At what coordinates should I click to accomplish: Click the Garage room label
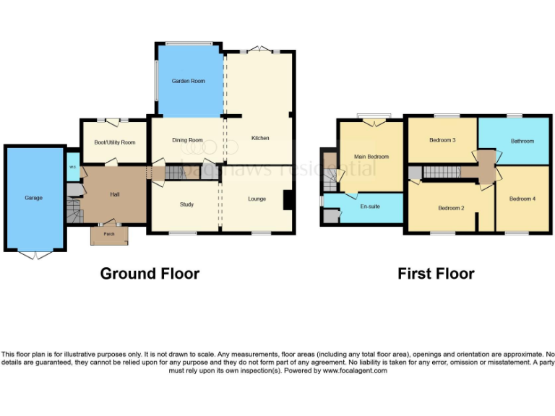[x=33, y=197]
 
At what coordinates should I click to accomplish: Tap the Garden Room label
[x=188, y=81]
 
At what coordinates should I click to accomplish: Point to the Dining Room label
[x=187, y=140]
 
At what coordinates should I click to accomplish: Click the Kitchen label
[x=259, y=138]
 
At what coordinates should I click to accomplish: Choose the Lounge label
[x=257, y=199]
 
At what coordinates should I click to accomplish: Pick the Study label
[x=186, y=204]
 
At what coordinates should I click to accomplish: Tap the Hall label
[x=115, y=194]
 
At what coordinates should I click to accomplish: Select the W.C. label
[x=73, y=168]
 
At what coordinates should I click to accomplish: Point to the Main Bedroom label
[x=371, y=156]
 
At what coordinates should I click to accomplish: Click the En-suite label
[x=369, y=206]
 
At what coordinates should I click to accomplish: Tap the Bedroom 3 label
[x=442, y=140]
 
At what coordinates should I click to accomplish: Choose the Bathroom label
[x=522, y=141]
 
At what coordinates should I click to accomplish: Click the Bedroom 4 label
[x=522, y=199]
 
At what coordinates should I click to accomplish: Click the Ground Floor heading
[x=150, y=274]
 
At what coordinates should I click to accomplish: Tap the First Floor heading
[x=436, y=274]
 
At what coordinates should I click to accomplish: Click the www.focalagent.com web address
[x=354, y=370]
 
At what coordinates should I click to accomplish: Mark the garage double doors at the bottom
[x=34, y=254]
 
